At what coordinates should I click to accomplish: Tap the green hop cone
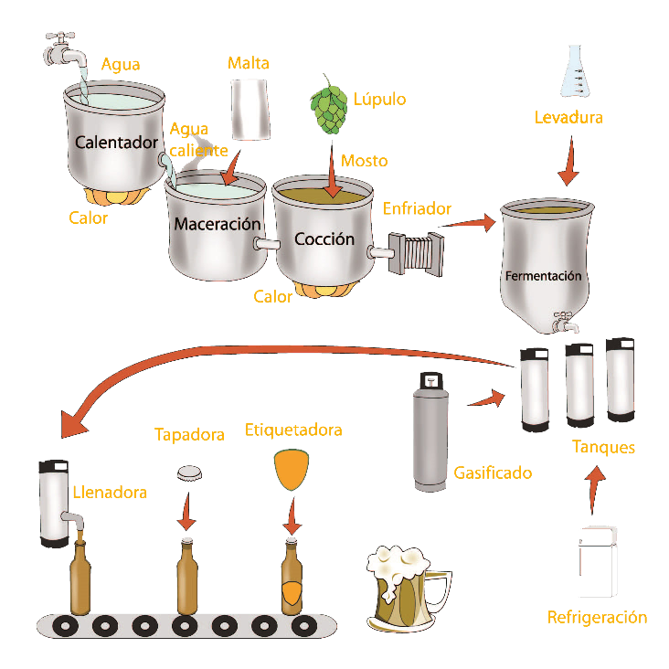[x=330, y=109]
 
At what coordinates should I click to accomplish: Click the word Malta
[x=248, y=64]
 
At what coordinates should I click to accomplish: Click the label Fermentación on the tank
[x=543, y=275]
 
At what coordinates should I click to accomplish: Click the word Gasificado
[x=493, y=473]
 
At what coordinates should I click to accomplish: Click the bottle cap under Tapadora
[x=190, y=473]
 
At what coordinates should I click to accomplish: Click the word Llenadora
[x=110, y=493]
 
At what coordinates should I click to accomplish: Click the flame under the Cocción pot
[x=324, y=291]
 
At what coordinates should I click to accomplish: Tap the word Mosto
[x=364, y=161]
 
